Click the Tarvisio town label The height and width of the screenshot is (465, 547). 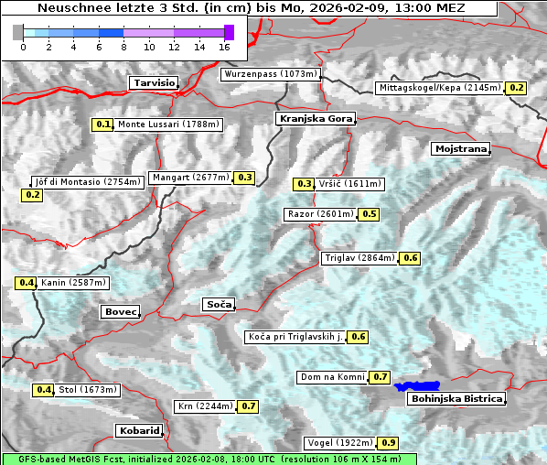point(153,82)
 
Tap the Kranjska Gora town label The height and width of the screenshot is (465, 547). point(314,119)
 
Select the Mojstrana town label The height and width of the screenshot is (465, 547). point(461,148)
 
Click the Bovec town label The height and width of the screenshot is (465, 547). point(120,312)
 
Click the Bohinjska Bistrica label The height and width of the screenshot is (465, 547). point(456,399)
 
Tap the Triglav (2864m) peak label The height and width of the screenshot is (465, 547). point(359,258)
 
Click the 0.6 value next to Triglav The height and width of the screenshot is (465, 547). point(411,258)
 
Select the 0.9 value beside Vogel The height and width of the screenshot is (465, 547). point(389,443)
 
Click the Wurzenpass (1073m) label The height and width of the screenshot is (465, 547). point(270,74)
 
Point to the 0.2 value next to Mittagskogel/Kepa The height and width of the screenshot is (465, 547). point(517,88)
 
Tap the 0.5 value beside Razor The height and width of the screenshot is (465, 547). point(369,214)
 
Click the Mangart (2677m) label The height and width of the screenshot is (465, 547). point(190,178)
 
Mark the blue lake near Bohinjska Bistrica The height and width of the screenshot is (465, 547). point(417,386)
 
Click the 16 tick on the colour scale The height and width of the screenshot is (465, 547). point(224,47)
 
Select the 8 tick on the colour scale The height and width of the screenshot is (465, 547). point(123,47)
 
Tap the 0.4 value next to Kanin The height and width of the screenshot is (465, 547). point(26,283)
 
